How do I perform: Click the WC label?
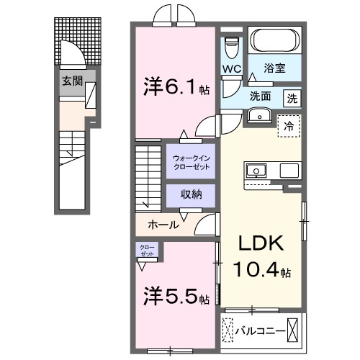(x=231, y=69)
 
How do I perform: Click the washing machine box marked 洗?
(x=292, y=97)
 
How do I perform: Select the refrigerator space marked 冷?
(x=289, y=126)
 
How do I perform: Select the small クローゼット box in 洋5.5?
(x=146, y=251)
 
